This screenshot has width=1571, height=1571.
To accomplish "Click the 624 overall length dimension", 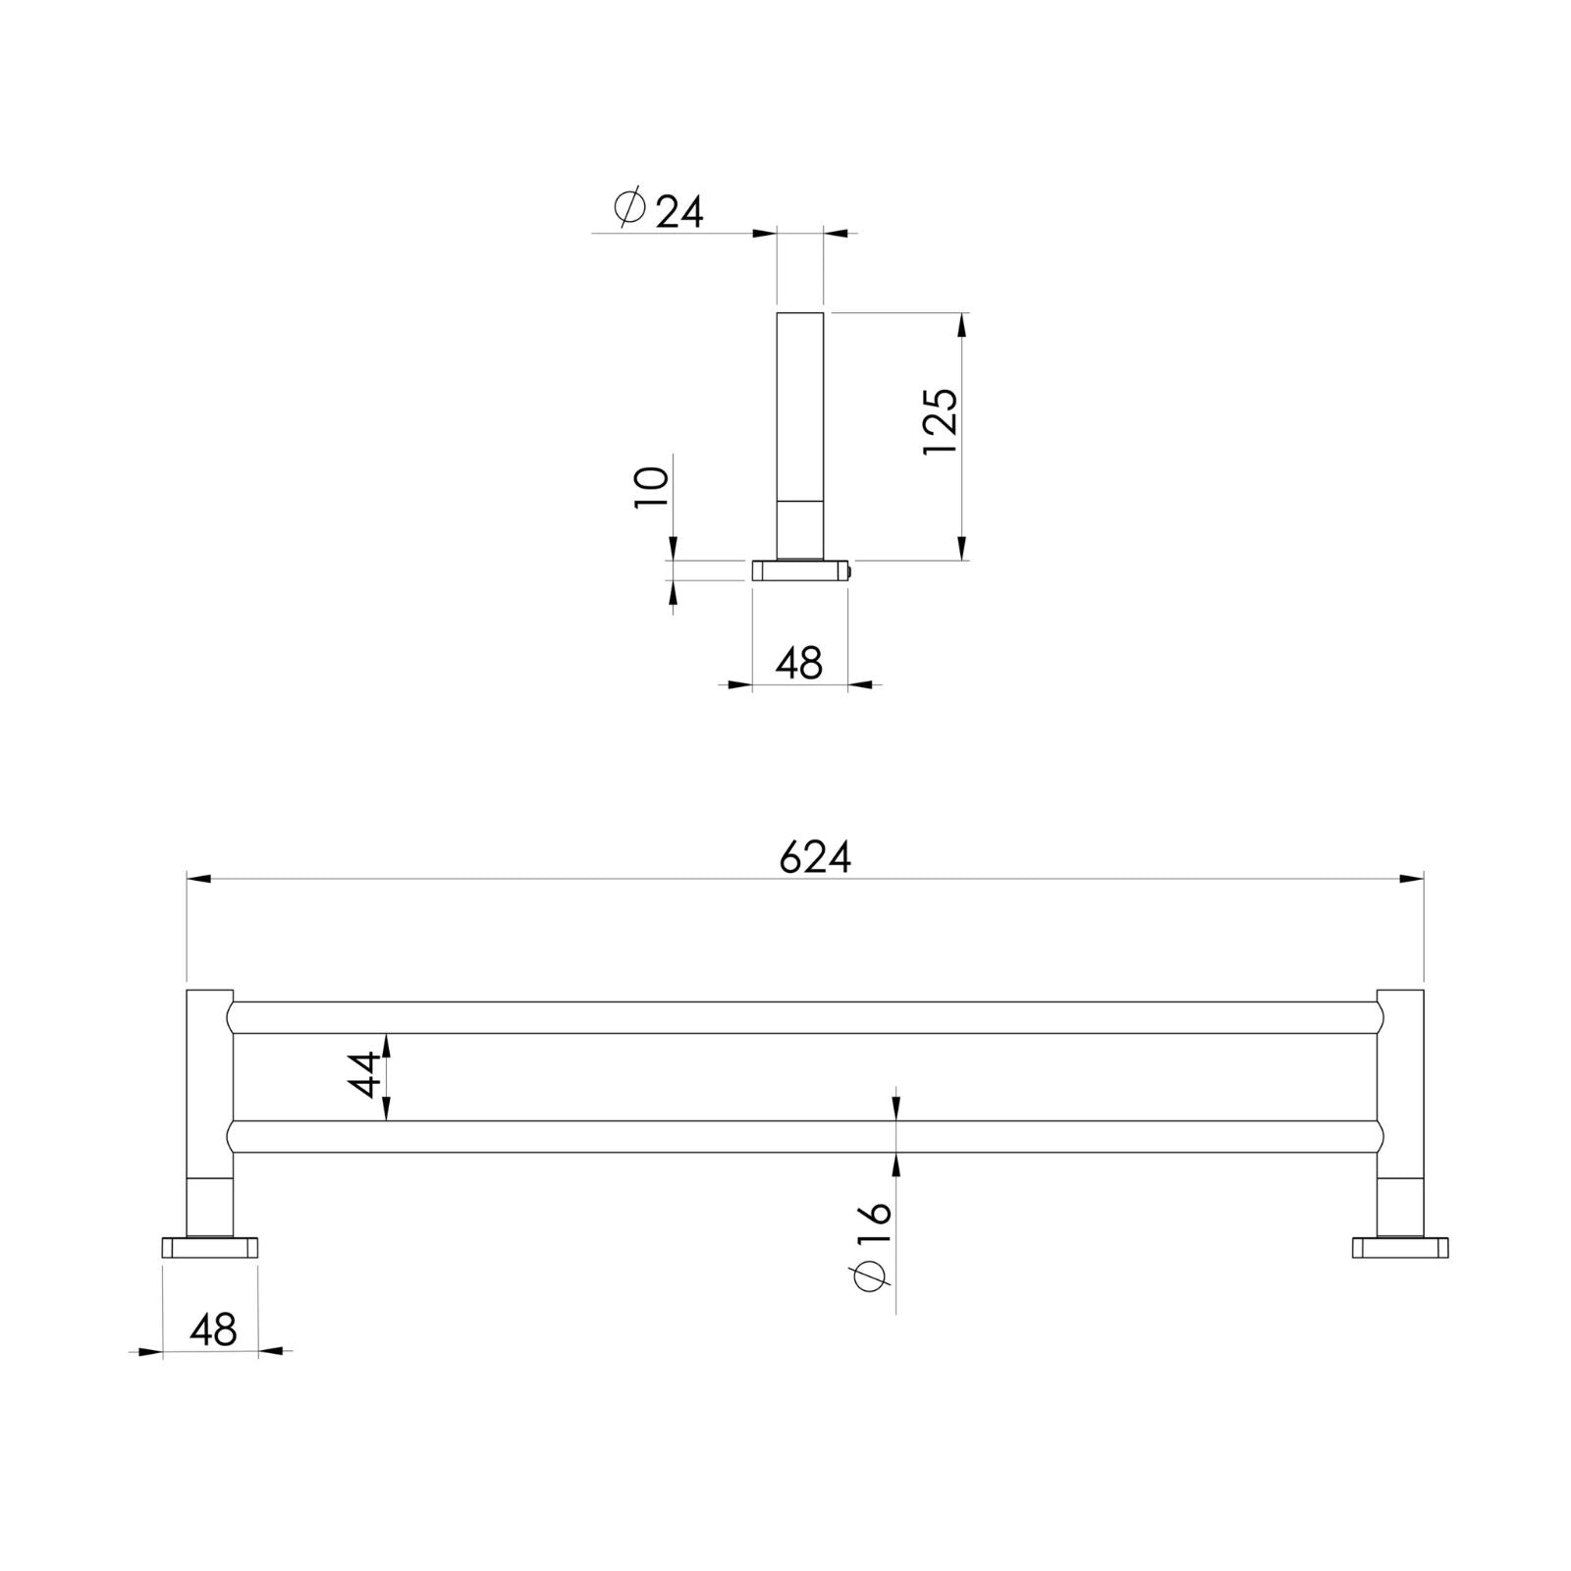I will (x=815, y=857).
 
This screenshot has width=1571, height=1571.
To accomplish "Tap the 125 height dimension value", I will (x=941, y=421).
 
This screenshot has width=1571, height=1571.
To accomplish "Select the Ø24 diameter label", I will (x=659, y=209).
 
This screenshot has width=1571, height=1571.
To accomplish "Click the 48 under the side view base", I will (x=798, y=664).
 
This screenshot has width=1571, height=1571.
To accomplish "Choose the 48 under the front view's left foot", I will (x=214, y=1330).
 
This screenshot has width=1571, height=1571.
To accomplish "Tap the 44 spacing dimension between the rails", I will (x=364, y=1075).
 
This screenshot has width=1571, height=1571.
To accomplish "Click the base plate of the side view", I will (x=799, y=570).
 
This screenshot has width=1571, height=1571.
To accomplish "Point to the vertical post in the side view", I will (x=800, y=432).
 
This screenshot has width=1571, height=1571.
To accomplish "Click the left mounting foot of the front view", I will (x=210, y=1248).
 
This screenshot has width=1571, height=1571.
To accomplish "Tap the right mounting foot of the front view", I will (x=1400, y=1248).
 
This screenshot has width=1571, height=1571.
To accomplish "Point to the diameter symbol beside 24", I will (x=629, y=208).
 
